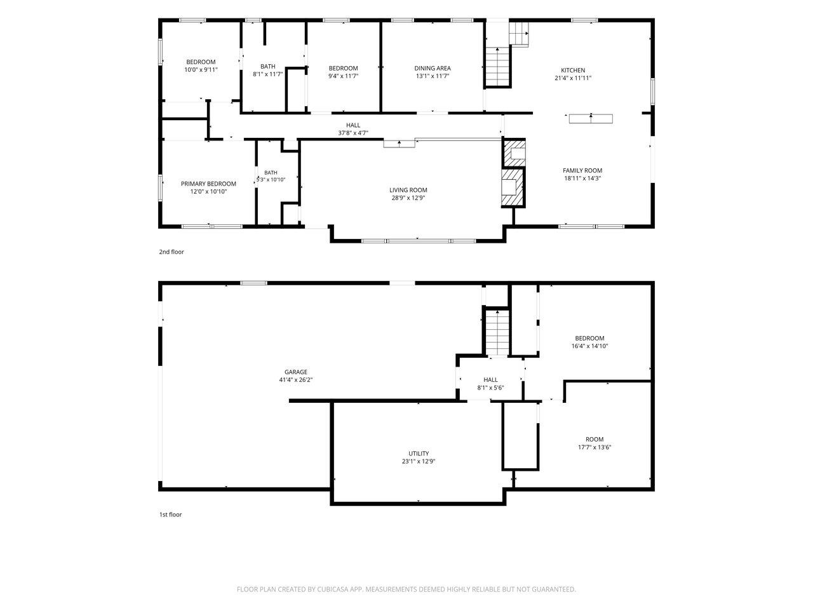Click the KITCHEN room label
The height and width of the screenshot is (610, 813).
click(573, 70)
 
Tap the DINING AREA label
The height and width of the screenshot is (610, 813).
click(433, 68)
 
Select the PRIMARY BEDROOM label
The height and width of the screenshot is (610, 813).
click(208, 184)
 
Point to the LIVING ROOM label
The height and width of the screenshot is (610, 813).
click(408, 190)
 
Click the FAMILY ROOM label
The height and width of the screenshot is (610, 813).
click(582, 170)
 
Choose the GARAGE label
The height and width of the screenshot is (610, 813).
click(295, 372)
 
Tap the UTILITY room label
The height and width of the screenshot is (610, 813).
click(419, 453)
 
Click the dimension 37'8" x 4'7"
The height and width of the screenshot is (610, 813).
click(353, 133)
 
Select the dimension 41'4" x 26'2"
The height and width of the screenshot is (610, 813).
click(295, 379)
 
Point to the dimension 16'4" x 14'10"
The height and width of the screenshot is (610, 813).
click(589, 346)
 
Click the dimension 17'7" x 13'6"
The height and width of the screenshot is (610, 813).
click(595, 447)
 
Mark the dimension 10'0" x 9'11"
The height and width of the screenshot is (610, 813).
click(201, 70)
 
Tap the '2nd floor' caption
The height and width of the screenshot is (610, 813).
click(171, 252)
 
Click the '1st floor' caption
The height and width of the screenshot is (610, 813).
click(170, 515)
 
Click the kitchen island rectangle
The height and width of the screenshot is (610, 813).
click(591, 119)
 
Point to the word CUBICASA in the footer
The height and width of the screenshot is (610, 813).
click(333, 589)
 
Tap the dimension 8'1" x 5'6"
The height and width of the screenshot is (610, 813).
click(490, 388)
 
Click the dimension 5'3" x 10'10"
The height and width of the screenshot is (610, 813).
click(271, 180)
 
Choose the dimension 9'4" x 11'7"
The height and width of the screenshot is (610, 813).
click(343, 76)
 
